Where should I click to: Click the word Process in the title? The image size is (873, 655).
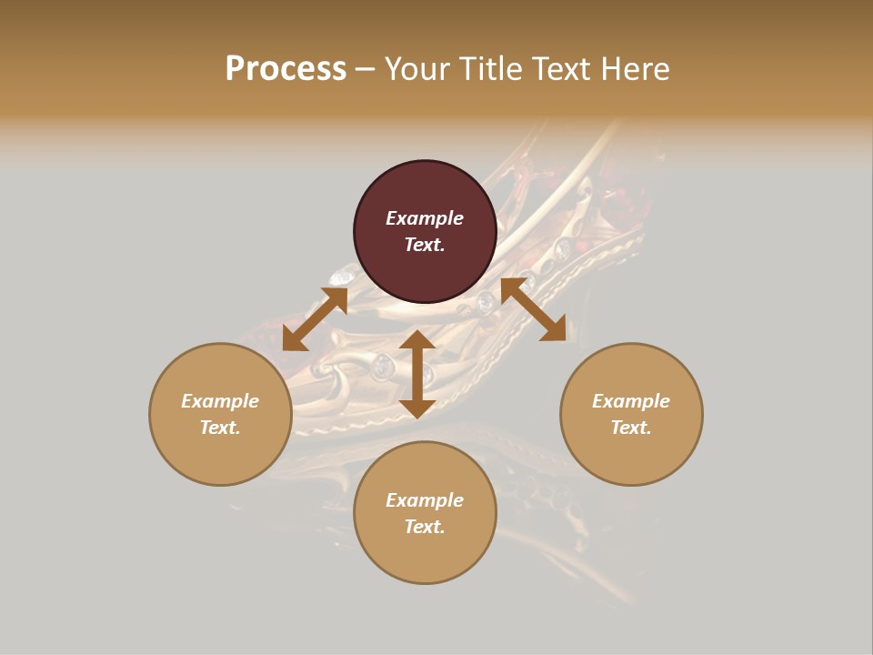(286, 69)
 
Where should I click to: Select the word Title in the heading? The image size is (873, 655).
(489, 69)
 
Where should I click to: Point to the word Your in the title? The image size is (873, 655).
(419, 69)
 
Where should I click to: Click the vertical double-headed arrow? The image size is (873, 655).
(417, 374)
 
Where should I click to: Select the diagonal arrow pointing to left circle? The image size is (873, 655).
(315, 319)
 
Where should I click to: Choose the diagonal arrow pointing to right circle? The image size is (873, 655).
(534, 309)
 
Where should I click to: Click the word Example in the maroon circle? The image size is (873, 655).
(425, 218)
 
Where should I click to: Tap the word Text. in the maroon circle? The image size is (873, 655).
(425, 245)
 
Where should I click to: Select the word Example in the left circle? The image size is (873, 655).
(220, 401)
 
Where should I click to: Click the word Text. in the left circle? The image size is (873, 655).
(220, 428)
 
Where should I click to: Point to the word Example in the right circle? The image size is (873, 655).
(631, 401)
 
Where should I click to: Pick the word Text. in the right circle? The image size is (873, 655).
(631, 428)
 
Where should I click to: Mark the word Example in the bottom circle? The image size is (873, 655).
(425, 500)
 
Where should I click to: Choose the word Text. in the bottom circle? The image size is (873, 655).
(425, 527)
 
